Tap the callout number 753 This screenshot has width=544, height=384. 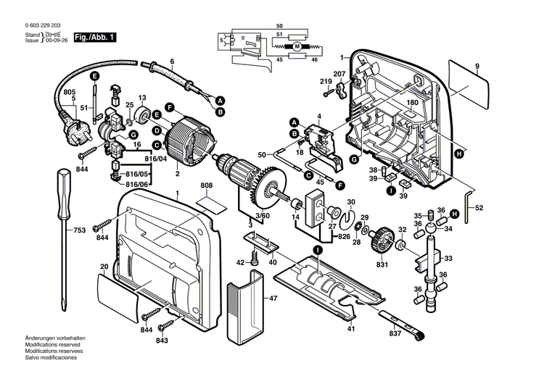(79, 230)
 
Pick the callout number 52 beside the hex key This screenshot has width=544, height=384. (479, 208)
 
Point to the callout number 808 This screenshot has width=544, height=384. (207, 186)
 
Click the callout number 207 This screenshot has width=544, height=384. (339, 74)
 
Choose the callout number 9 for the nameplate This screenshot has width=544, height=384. (477, 67)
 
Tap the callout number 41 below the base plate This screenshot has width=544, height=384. (351, 330)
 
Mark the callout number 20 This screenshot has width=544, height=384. (104, 267)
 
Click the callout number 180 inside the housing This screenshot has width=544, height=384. (412, 103)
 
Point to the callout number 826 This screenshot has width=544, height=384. (344, 236)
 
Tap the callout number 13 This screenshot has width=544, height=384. (142, 98)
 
